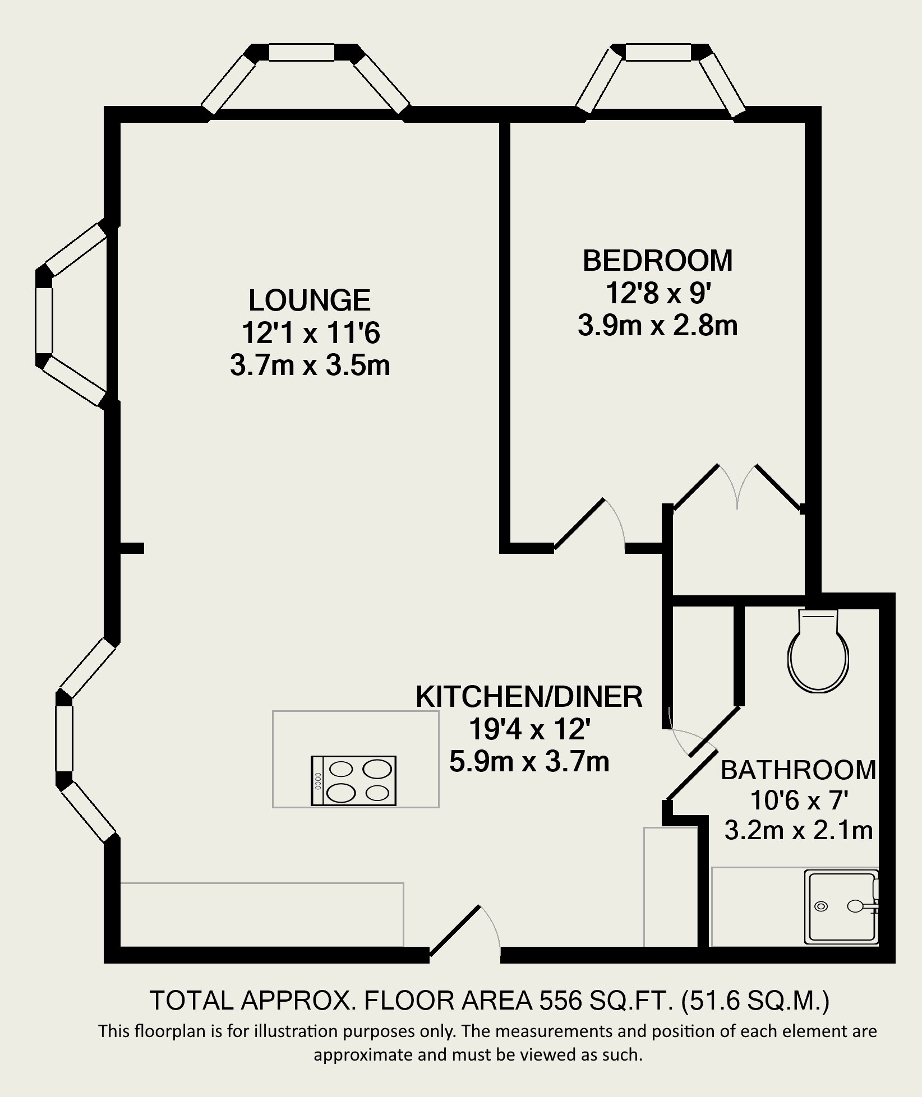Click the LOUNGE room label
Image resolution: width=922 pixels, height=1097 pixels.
pyautogui.click(x=310, y=300)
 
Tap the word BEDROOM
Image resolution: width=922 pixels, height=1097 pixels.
pyautogui.click(x=658, y=261)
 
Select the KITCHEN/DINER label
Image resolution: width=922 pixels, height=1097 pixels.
pyautogui.click(x=529, y=697)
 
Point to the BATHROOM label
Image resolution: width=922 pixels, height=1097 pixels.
pyautogui.click(x=799, y=770)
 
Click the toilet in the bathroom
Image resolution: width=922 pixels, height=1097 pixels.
pyautogui.click(x=819, y=650)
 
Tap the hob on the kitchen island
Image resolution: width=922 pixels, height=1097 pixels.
pyautogui.click(x=354, y=781)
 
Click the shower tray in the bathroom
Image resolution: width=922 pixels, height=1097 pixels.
pyautogui.click(x=842, y=906)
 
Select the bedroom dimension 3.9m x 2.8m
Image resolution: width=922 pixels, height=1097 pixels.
pyautogui.click(x=657, y=326)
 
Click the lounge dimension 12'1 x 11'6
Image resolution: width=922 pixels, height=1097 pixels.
pyautogui.click(x=311, y=333)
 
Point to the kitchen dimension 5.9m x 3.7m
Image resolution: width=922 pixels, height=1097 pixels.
pyautogui.click(x=529, y=762)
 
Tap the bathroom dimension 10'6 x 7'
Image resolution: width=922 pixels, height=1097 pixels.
pyautogui.click(x=799, y=801)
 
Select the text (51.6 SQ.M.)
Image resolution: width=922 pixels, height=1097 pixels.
pyautogui.click(x=755, y=1001)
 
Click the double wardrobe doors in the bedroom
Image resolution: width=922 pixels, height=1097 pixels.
pyautogui.click(x=738, y=487)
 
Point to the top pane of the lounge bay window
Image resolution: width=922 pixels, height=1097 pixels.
pyautogui.click(x=302, y=52)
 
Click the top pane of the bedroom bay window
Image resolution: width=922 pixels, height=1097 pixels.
pyautogui.click(x=658, y=52)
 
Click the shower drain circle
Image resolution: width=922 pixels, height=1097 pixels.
pyautogui.click(x=822, y=906)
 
